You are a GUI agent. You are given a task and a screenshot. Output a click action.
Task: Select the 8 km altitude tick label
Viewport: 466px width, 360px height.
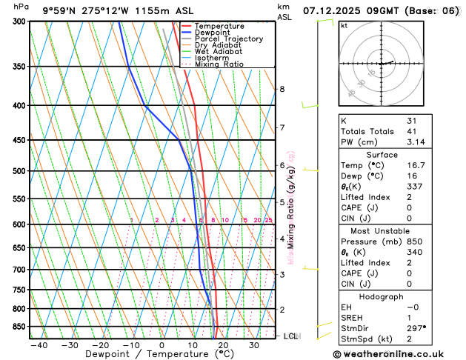click(x=282, y=90)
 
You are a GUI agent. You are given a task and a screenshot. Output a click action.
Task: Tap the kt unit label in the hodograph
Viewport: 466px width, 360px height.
click(x=344, y=26)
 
